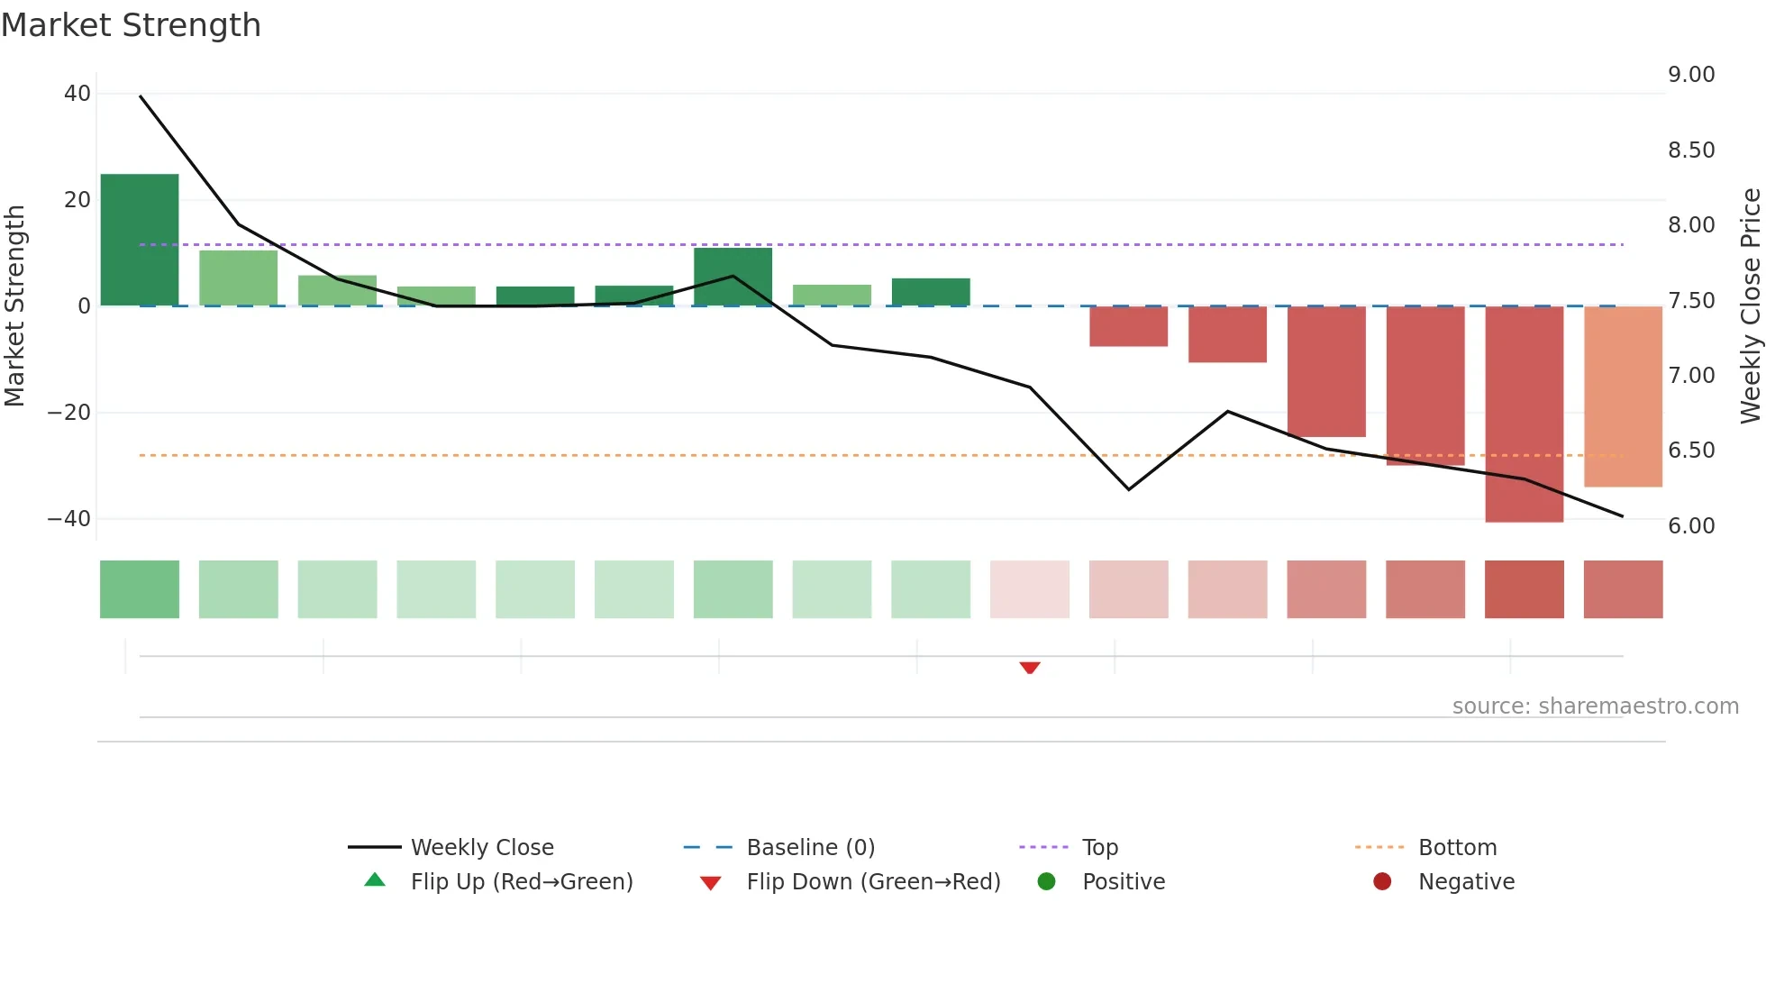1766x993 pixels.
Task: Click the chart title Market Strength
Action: [131, 25]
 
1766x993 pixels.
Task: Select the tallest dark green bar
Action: [140, 240]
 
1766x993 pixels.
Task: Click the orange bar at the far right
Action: [1623, 396]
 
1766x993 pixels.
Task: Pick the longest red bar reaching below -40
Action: [1524, 414]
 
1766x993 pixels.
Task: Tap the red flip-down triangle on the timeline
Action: [1030, 668]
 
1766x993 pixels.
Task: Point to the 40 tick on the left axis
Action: [77, 94]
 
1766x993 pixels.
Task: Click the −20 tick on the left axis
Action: [69, 413]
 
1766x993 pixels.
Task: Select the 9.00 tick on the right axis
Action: [1691, 75]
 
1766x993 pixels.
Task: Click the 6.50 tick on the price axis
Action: [1691, 451]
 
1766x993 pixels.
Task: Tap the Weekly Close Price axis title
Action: [1750, 306]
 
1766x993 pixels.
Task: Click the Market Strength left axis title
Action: [14, 306]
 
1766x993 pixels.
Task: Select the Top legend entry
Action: [1099, 848]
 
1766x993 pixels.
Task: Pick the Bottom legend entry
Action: [1457, 848]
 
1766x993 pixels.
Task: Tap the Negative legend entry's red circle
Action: [1382, 882]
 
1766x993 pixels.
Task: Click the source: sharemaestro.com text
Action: [1595, 706]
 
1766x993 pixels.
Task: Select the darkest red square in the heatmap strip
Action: [1524, 589]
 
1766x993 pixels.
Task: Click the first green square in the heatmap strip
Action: [140, 589]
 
